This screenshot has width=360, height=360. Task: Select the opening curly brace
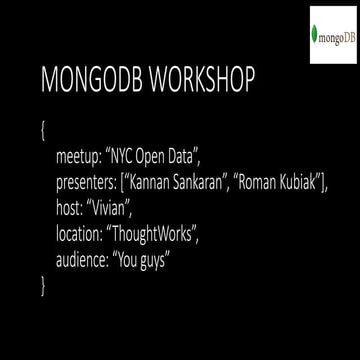[44, 131]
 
